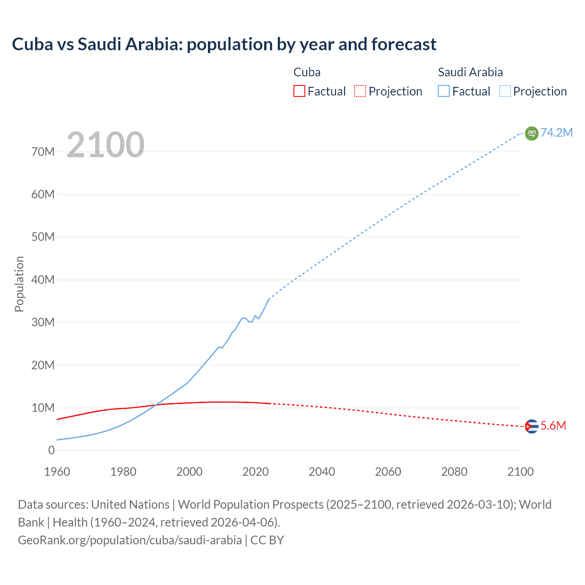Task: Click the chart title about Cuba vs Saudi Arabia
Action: point(224,44)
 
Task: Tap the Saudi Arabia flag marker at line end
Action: point(532,133)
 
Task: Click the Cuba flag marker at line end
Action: point(532,426)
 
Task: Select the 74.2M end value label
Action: point(557,133)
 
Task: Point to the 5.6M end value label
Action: point(553,426)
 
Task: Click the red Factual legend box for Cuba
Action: point(299,91)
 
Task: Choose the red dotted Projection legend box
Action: point(360,91)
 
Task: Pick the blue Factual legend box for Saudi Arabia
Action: point(443,91)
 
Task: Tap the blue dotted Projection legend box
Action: point(505,91)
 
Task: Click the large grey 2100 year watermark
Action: point(106,145)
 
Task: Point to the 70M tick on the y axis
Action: point(43,152)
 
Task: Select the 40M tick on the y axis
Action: point(43,280)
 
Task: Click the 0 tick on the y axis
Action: point(51,451)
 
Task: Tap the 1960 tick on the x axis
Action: point(57,472)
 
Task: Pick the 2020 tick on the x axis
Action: point(255,472)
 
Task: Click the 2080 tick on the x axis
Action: point(454,472)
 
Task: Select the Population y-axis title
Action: point(19,284)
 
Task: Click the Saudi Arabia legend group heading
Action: point(470,72)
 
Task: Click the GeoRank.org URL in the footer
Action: point(130,540)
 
